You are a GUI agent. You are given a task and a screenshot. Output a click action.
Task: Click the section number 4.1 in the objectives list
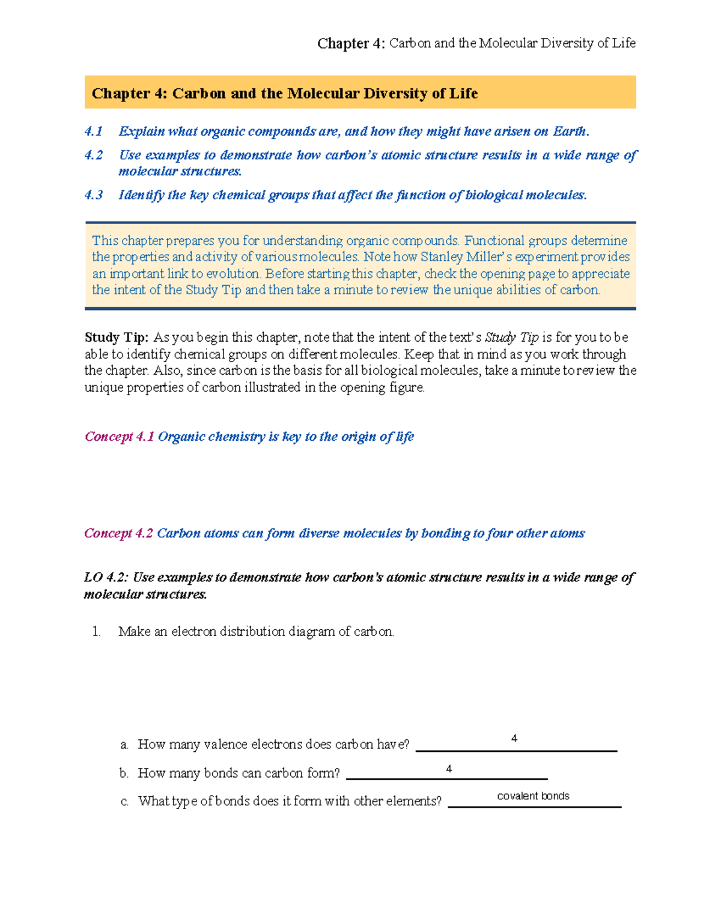pyautogui.click(x=94, y=132)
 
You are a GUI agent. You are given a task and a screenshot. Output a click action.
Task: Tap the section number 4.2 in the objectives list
pyautogui.click(x=94, y=155)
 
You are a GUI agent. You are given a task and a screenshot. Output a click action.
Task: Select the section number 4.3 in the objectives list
pyautogui.click(x=94, y=195)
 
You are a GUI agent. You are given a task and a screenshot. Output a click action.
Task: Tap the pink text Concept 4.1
pyautogui.click(x=119, y=437)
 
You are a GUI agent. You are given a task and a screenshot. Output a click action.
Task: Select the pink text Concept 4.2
pyautogui.click(x=118, y=533)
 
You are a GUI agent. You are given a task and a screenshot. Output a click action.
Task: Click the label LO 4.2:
pyautogui.click(x=106, y=578)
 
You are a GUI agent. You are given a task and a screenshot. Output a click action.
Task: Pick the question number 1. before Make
pyautogui.click(x=96, y=632)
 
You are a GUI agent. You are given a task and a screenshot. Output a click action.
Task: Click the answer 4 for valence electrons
pyautogui.click(x=514, y=739)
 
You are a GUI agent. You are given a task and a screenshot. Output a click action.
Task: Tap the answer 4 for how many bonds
pyautogui.click(x=449, y=769)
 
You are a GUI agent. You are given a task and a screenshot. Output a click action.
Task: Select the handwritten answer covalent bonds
pyautogui.click(x=533, y=796)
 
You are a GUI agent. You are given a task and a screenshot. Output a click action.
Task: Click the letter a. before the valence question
pyautogui.click(x=124, y=745)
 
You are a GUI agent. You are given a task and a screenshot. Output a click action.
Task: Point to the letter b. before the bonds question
pyautogui.click(x=124, y=773)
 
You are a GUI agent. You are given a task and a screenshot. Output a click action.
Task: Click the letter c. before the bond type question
pyautogui.click(x=124, y=802)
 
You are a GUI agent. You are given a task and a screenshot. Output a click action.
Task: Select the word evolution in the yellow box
pyautogui.click(x=233, y=274)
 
